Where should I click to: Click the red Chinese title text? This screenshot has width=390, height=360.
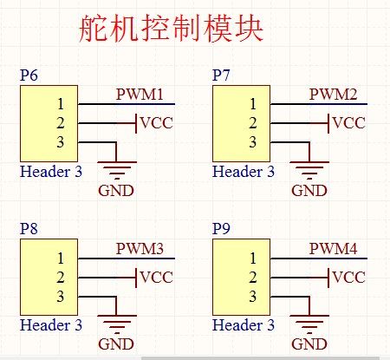(x=170, y=29)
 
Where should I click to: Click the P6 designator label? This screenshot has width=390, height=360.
(x=29, y=75)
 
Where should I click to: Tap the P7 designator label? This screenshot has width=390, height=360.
(x=221, y=75)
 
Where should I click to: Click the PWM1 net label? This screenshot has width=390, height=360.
(x=140, y=94)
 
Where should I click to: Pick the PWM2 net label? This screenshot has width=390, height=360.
(x=333, y=94)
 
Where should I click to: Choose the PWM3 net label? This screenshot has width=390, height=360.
(x=140, y=248)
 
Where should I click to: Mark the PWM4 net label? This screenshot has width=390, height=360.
(x=333, y=248)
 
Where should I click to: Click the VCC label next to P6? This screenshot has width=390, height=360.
(x=156, y=122)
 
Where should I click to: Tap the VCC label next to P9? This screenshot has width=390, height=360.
(x=349, y=277)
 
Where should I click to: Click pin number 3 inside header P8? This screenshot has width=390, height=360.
(x=61, y=298)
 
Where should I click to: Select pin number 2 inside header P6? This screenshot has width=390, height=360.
(x=61, y=123)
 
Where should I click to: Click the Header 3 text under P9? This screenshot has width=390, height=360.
(x=244, y=325)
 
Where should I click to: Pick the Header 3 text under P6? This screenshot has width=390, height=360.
(x=51, y=171)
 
